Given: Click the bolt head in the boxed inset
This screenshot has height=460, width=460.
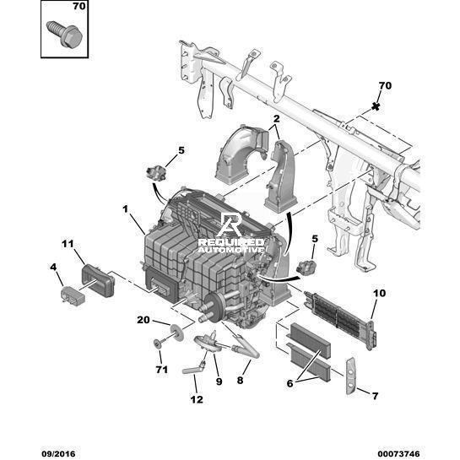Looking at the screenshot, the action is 72,36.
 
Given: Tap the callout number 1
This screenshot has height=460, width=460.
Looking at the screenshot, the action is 126,209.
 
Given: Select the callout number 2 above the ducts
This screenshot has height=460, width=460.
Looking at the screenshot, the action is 276,119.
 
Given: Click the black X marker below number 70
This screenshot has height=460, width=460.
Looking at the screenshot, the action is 376,106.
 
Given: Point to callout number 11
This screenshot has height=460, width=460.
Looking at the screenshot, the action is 68,244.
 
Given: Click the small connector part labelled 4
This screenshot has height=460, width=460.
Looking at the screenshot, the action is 73,295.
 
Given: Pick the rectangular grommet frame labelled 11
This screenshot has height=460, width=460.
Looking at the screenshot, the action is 98,280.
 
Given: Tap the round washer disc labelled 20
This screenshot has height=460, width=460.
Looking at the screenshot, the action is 177,333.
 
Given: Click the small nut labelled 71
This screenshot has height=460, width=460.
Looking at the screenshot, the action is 157,343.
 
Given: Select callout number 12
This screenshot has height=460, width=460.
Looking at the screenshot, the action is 197,399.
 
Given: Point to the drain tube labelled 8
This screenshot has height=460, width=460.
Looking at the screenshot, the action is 245,345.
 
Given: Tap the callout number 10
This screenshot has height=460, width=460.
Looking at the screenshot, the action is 379,293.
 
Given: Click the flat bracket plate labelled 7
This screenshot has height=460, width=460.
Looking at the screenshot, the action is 351,376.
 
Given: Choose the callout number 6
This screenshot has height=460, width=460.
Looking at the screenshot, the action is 290,383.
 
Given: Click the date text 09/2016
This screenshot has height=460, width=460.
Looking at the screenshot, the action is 58,454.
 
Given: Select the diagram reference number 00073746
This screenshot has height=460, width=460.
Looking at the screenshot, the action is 398,454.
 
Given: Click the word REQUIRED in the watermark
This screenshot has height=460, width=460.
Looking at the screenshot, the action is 231,242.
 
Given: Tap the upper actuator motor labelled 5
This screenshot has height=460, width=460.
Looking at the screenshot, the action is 157,172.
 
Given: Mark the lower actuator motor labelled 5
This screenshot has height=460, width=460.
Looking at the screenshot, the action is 306,268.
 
